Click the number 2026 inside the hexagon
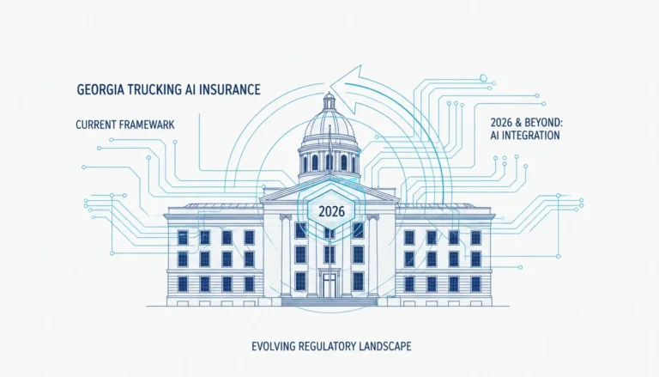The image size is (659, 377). tap(331, 210)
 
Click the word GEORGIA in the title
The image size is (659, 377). tap(98, 89)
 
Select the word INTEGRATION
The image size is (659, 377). tap(530, 136)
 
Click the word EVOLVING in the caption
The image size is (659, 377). tap(274, 347)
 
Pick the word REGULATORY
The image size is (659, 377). tap(328, 347)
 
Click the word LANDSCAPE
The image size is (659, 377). tap(385, 347)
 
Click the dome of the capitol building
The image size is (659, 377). tap(329, 126)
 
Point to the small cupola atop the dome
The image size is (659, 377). tap(329, 101)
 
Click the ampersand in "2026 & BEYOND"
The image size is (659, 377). tap(516, 123)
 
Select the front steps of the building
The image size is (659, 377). tap(329, 301)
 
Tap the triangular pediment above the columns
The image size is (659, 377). tap(329, 192)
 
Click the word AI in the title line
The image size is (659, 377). tap(190, 89)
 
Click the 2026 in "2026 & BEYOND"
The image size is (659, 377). tap(500, 123)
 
